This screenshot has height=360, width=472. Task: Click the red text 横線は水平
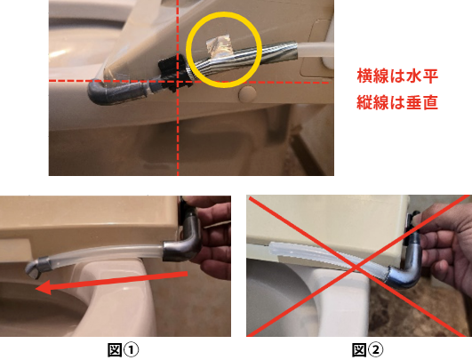pos(397,76)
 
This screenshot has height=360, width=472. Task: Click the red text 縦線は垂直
pos(397,102)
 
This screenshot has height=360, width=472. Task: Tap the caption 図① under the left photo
pos(124,350)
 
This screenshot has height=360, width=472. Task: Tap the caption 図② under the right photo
pos(368,350)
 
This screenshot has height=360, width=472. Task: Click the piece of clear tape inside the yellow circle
pos(218,45)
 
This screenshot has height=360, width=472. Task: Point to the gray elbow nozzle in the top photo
pos(117,92)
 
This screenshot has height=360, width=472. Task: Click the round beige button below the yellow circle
pos(247,93)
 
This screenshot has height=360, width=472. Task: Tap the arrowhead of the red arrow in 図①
pos(45,287)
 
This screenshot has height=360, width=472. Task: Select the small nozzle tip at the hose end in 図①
pos(36,268)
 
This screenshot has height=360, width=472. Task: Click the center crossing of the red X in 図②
pos(356,267)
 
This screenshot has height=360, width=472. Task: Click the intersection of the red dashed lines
pos(178,81)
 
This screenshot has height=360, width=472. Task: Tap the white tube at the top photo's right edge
pos(316,49)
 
